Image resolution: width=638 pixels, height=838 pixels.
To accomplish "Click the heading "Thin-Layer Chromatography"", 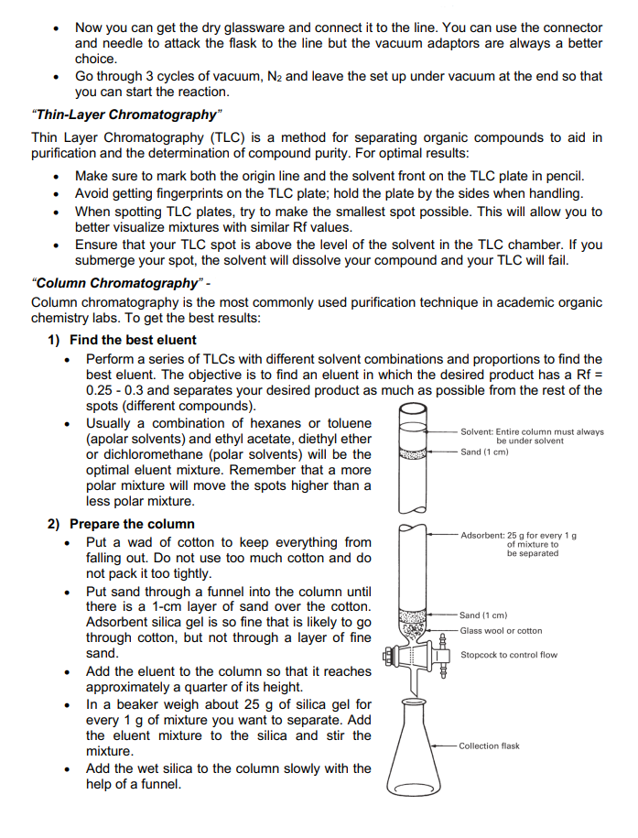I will [x=126, y=114].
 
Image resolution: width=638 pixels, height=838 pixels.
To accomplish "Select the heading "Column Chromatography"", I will [x=117, y=282].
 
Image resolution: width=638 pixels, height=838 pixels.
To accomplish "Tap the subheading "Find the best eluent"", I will [x=133, y=340].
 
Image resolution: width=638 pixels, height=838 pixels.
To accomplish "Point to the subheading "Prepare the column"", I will [x=132, y=524].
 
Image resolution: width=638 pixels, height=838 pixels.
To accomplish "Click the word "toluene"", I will [x=344, y=423].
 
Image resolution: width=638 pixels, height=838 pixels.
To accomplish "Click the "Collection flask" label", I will [x=489, y=745].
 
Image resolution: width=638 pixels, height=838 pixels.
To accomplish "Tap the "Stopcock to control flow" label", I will [x=509, y=655].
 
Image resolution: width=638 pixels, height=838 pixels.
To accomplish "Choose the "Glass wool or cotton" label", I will [x=501, y=631].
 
